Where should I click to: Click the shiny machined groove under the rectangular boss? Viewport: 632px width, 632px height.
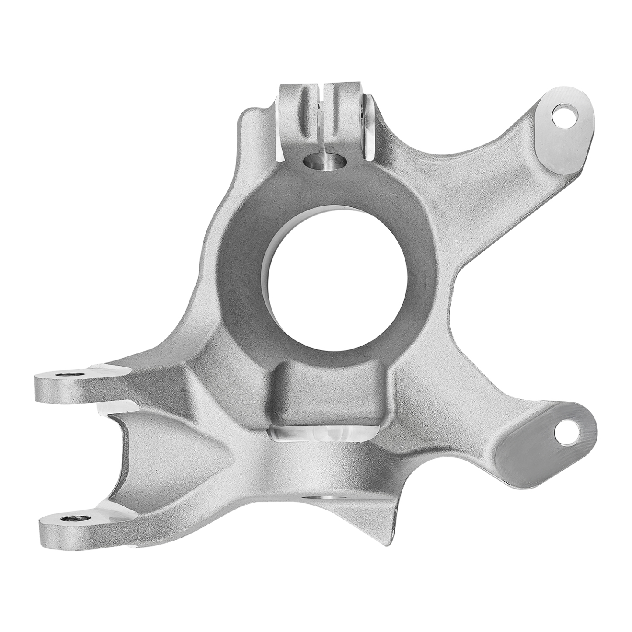321,434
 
